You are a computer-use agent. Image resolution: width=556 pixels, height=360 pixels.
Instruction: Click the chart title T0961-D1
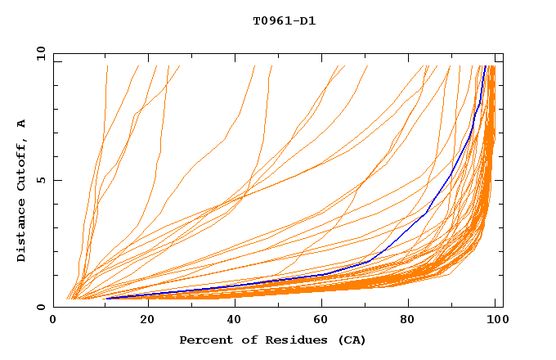tap(284, 21)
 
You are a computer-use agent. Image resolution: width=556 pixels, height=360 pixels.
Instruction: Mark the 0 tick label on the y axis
tap(41, 307)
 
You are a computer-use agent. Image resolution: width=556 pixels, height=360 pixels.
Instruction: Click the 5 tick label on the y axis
tap(41, 180)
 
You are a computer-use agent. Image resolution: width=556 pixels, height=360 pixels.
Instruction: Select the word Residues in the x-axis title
tap(280, 340)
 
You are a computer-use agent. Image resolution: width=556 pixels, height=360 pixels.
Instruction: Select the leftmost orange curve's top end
tap(107, 66)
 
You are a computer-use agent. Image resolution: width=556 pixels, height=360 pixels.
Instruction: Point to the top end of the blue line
tap(486, 66)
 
